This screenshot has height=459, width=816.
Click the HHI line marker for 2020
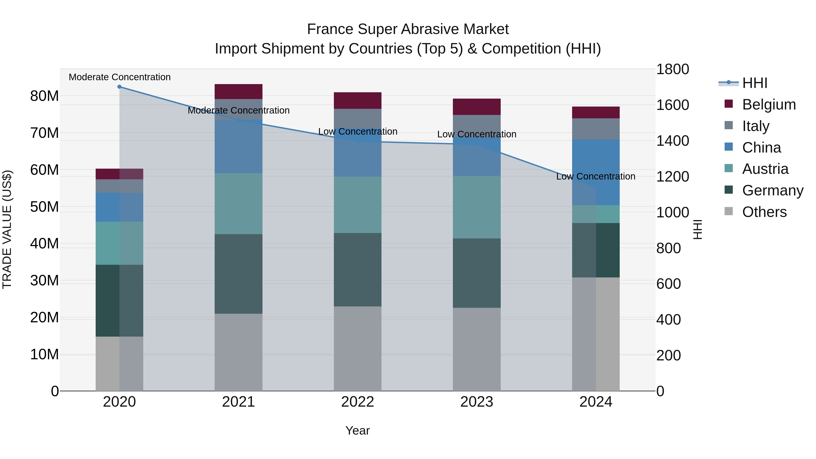coord(119,87)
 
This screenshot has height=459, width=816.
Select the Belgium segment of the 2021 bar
coord(238,92)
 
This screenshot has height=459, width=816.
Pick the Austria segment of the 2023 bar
coord(477,207)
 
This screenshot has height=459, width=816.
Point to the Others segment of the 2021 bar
coord(238,352)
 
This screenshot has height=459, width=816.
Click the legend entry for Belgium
coord(769,104)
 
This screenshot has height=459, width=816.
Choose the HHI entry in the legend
coord(755,83)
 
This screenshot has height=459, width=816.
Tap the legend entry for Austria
coord(765,169)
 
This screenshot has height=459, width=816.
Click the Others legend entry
coord(764,212)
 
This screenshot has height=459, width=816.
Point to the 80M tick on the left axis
coord(44,96)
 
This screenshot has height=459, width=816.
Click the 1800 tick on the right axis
coord(672,69)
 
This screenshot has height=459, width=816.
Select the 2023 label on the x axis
coord(477,402)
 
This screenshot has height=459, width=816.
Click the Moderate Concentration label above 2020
coord(119,77)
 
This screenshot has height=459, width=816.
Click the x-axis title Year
coord(358,430)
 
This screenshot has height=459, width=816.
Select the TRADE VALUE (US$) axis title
coord(7,229)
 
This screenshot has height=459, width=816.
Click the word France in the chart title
coord(330,29)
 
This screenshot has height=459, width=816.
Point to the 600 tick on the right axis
coord(668,284)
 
